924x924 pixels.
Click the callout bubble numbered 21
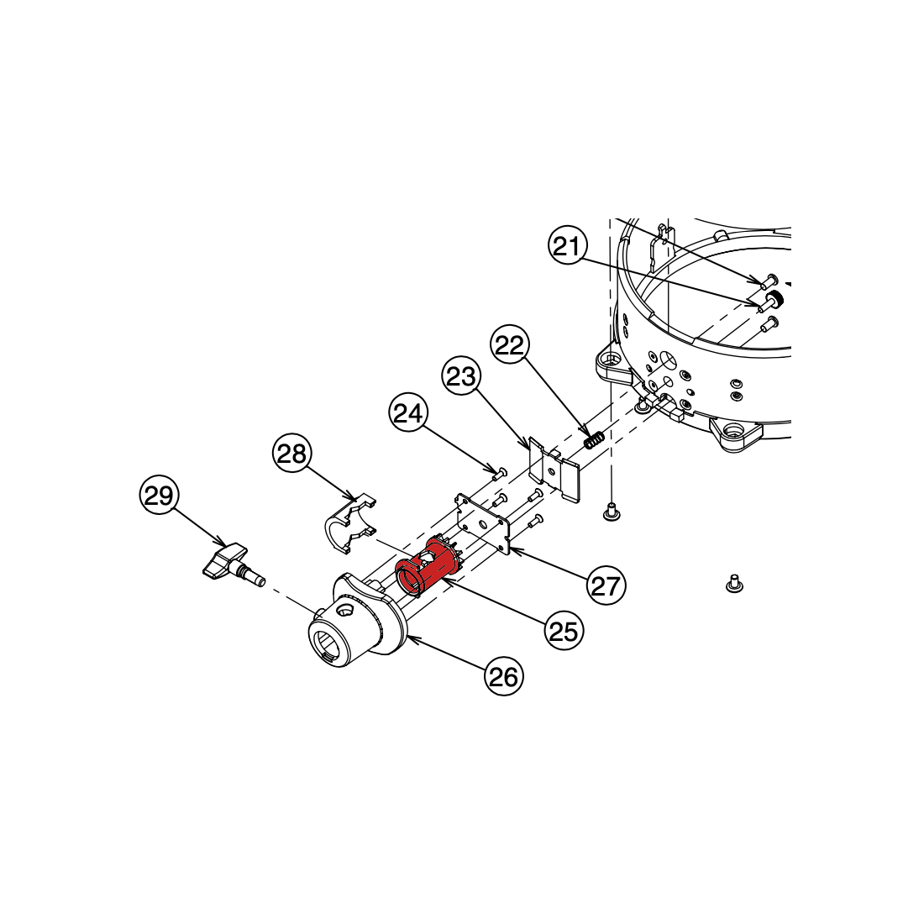pos(568,245)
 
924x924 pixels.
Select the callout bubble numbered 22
pos(510,344)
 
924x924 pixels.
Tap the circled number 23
pos(461,375)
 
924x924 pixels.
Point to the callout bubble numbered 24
pos(408,412)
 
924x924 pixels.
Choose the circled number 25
pos(564,631)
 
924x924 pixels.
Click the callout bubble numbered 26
pos(504,676)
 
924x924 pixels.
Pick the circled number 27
pos(606,585)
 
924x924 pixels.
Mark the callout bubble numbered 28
pos(292,454)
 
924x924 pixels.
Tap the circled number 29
pos(159,495)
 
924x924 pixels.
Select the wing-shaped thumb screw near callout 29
pos(233,564)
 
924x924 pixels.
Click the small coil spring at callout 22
pos(594,439)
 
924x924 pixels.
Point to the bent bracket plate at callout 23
pos(554,470)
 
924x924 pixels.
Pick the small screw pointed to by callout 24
pos(500,471)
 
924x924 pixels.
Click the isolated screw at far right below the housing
pos(733,583)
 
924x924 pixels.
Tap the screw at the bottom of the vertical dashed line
pos(612,512)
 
